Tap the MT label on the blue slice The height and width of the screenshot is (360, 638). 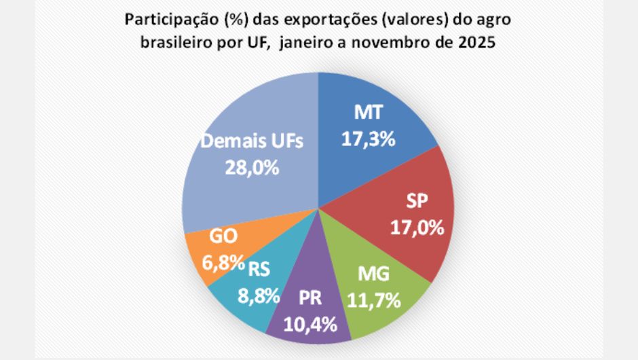[367, 114]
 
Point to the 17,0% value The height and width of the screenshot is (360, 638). [417, 226]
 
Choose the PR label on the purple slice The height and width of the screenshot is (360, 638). [311, 299]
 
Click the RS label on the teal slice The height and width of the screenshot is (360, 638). [259, 270]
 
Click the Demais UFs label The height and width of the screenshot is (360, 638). [252, 142]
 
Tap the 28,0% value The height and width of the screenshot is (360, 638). [252, 167]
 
